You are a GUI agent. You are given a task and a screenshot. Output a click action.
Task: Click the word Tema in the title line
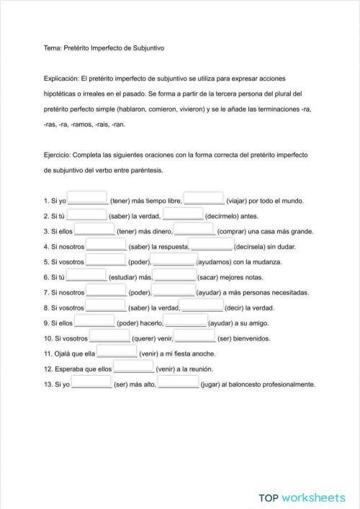pyautogui.click(x=52, y=48)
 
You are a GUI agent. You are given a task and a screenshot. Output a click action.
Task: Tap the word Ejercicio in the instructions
pyautogui.click(x=58, y=153)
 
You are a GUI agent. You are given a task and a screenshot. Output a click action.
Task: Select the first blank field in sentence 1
pyautogui.click(x=87, y=199)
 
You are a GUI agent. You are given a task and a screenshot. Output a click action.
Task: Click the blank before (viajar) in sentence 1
pyautogui.click(x=204, y=199)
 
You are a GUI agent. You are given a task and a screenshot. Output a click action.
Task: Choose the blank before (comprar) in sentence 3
pyautogui.click(x=194, y=230)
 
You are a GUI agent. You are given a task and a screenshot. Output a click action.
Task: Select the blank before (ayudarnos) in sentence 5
pyautogui.click(x=175, y=261)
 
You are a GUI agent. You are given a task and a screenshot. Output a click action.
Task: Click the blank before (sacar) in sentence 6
pyautogui.click(x=175, y=276)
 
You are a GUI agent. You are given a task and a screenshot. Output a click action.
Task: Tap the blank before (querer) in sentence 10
pyautogui.click(x=110, y=336)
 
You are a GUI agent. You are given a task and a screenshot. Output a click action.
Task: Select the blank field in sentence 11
pyautogui.click(x=117, y=352)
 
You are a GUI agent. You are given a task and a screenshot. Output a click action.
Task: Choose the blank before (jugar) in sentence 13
pyautogui.click(x=179, y=383)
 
